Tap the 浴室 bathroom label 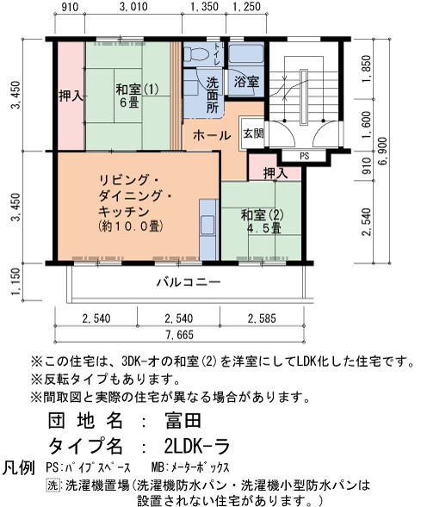(x=247, y=82)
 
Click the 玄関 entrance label (x=253, y=133)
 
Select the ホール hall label (x=212, y=135)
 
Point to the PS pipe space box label (x=304, y=156)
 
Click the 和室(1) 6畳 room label (x=137, y=96)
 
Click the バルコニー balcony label (x=189, y=282)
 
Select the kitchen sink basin (x=207, y=225)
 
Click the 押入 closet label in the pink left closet (x=71, y=96)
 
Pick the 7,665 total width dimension (x=179, y=334)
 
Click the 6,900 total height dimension (x=383, y=151)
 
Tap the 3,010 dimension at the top (x=133, y=7)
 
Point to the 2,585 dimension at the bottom (x=262, y=318)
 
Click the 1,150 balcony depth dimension (x=15, y=281)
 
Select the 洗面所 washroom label (x=213, y=95)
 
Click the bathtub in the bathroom (x=246, y=54)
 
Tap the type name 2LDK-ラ (x=197, y=447)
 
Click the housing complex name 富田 (x=183, y=421)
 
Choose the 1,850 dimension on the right (x=366, y=69)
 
